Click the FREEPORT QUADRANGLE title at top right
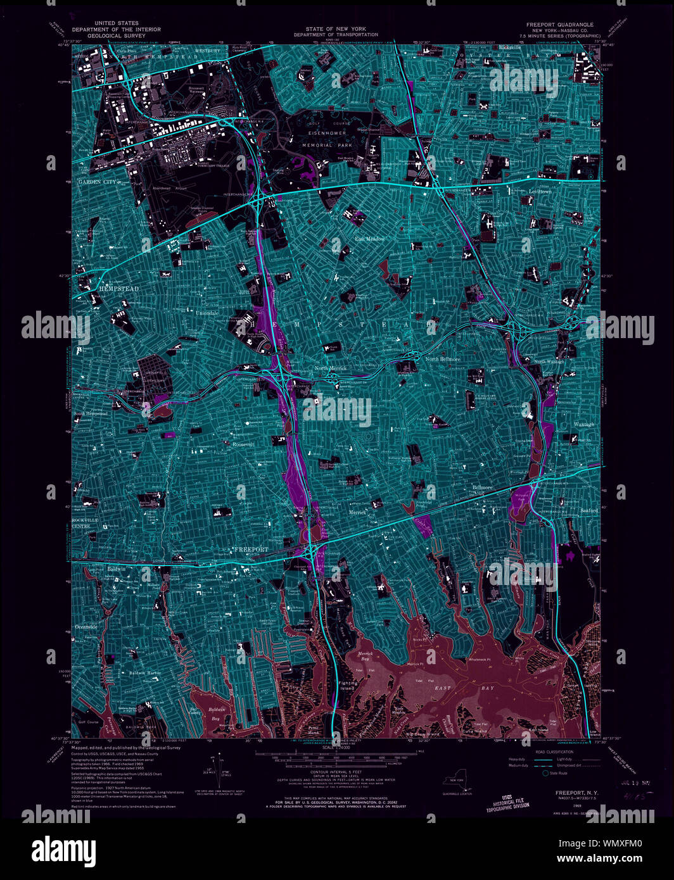tap(560, 25)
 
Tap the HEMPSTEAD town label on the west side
tap(118, 289)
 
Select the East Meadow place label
tap(370, 239)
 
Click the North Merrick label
tap(330, 368)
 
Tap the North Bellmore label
tap(443, 359)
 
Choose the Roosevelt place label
tap(243, 444)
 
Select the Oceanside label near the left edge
tap(87, 627)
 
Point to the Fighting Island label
tap(348, 686)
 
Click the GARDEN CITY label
tap(98, 182)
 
